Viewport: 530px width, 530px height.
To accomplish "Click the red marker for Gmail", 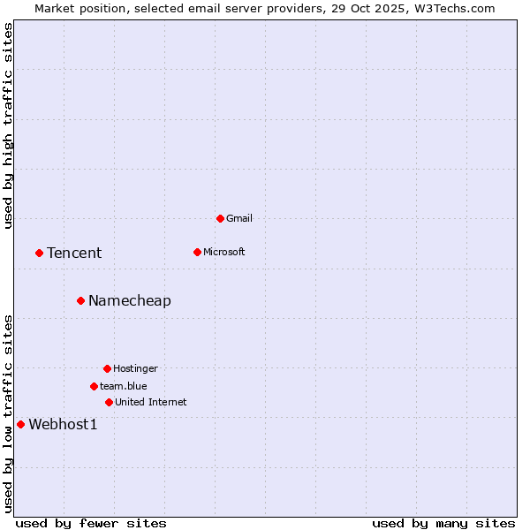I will [x=220, y=218].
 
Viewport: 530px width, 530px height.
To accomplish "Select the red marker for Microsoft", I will [x=197, y=252].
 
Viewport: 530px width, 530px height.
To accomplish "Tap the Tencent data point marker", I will [x=39, y=253].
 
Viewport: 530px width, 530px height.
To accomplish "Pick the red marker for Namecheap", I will [x=80, y=300].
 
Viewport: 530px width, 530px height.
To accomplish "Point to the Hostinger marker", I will [x=107, y=368].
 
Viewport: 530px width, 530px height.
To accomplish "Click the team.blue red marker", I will [x=94, y=386].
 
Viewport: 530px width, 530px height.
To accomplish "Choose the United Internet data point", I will [x=109, y=402].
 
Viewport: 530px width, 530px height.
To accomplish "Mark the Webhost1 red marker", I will [x=20, y=424].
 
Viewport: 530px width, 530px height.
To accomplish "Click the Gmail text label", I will [x=239, y=218].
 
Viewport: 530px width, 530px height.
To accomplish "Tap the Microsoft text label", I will [x=224, y=252].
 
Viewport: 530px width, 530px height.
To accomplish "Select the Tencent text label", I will [x=74, y=253].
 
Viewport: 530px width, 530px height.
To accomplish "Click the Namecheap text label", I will [x=130, y=300].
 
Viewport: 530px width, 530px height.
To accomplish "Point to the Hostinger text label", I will [x=135, y=368].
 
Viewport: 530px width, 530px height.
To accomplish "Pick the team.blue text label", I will [x=124, y=386].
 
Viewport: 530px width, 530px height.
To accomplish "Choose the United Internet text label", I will [x=151, y=402].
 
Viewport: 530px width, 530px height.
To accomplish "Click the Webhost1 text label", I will [x=63, y=424].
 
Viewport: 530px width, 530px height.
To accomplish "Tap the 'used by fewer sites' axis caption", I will [x=91, y=523].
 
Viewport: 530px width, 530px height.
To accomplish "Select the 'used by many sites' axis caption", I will [x=443, y=523].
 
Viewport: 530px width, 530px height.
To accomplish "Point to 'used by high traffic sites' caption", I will [x=8, y=125].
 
